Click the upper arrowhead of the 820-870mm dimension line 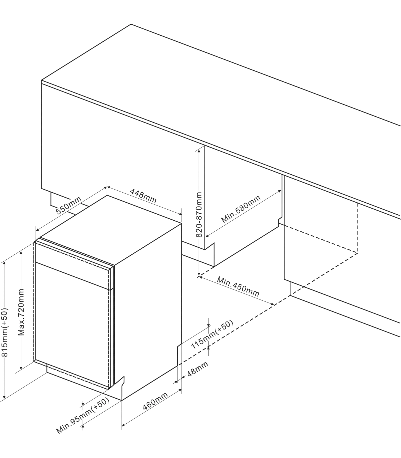point(199,151)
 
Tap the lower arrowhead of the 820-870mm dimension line point(199,275)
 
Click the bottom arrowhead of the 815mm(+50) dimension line point(4,398)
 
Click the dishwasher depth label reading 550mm point(68,205)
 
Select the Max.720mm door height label point(21,312)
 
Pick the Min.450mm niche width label point(238,287)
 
